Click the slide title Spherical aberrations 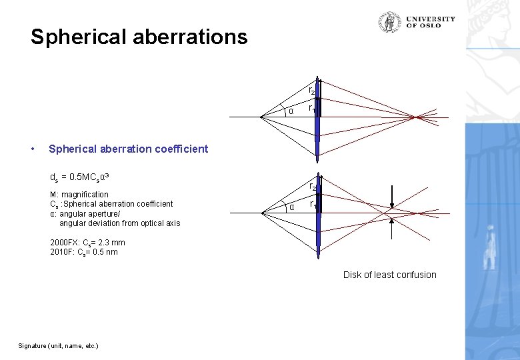pos(139,37)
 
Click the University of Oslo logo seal pos(390,22)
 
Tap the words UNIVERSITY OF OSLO pos(430,22)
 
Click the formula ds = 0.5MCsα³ pos(80,178)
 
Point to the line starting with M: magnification pos(79,195)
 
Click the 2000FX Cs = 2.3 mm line pos(87,243)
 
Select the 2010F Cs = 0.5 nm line pos(83,252)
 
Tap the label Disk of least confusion pos(389,275)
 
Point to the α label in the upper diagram pos(291,111)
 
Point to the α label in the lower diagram pos(291,207)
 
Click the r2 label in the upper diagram pos(311,91)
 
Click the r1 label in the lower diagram pos(311,204)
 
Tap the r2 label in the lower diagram pos(311,187)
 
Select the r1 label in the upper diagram pos(311,107)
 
